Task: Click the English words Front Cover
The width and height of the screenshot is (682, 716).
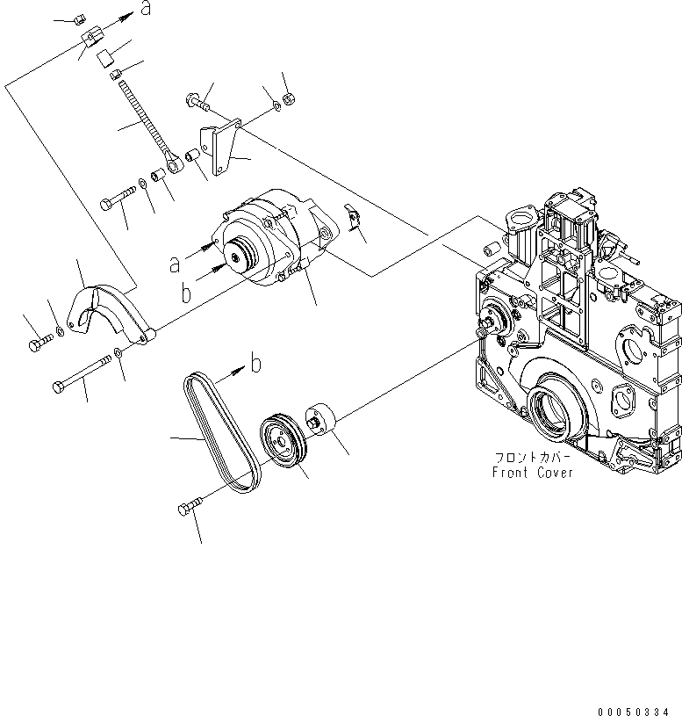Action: coord(532,473)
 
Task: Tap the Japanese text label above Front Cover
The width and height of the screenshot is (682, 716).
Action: coord(533,458)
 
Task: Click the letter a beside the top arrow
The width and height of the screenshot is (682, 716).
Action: coord(147,10)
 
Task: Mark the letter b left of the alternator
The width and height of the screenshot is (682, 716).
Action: coord(185,293)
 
